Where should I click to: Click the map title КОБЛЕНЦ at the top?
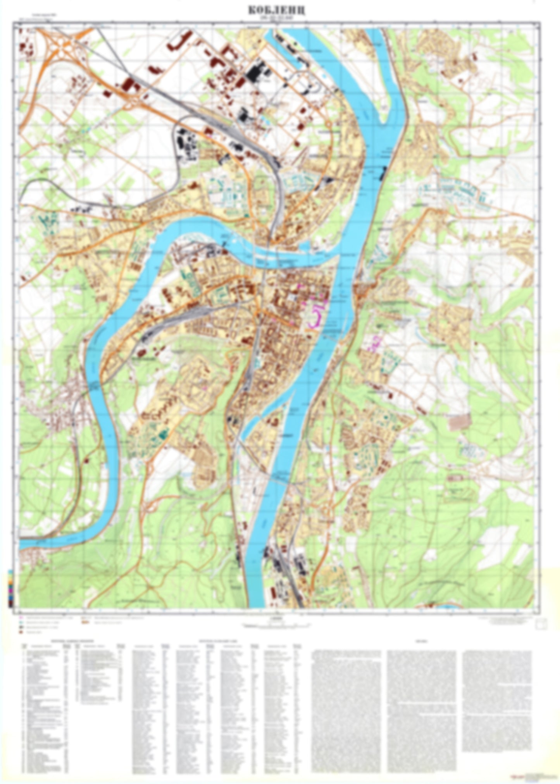(276, 10)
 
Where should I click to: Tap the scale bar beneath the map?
(276, 625)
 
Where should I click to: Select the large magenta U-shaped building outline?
(316, 316)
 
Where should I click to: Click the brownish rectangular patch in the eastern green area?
(460, 422)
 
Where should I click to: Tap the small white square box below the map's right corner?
(541, 624)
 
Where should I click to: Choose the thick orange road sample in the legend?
(84, 622)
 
